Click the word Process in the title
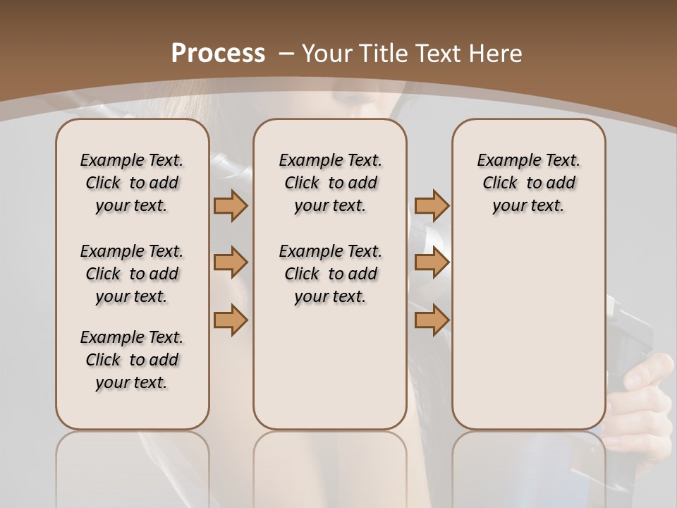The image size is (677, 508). (x=219, y=53)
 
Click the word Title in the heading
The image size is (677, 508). (x=381, y=53)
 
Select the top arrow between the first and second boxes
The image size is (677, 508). (x=231, y=205)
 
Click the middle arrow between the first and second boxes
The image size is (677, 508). (x=231, y=262)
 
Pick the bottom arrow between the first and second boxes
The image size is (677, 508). (x=231, y=320)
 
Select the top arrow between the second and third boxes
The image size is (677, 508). (x=432, y=205)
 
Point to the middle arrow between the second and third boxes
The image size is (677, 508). (x=432, y=262)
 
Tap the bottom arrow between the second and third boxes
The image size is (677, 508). (x=432, y=320)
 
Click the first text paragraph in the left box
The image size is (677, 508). (x=132, y=183)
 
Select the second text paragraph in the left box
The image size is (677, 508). (x=132, y=274)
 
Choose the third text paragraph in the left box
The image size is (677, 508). (x=132, y=360)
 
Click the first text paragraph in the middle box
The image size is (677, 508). (x=330, y=183)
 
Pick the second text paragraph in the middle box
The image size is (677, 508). (x=330, y=274)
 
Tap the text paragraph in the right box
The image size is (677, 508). (x=528, y=183)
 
